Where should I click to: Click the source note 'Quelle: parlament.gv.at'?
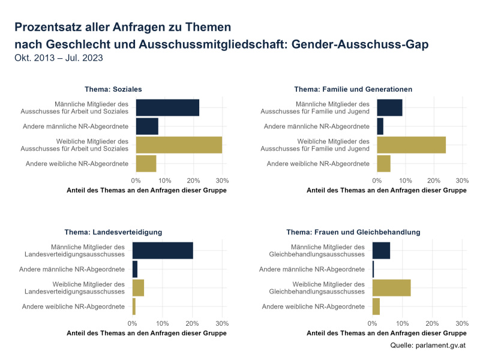[x=428, y=346]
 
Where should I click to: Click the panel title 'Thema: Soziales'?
[x=114, y=89]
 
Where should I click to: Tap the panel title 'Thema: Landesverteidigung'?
[x=113, y=232]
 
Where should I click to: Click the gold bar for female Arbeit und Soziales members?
[x=179, y=145]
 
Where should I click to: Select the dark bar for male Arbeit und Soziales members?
[x=167, y=107]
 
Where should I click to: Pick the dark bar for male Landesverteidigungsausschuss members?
[x=163, y=250]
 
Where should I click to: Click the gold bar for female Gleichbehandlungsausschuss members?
[x=391, y=287]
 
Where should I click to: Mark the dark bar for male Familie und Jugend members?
[x=389, y=107]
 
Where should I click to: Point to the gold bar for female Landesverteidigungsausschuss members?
[x=138, y=287]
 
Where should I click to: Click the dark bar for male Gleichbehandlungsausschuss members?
[x=381, y=250]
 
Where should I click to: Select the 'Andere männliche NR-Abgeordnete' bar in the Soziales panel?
[x=147, y=126]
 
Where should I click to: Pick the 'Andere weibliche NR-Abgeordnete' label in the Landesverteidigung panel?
[x=73, y=307]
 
